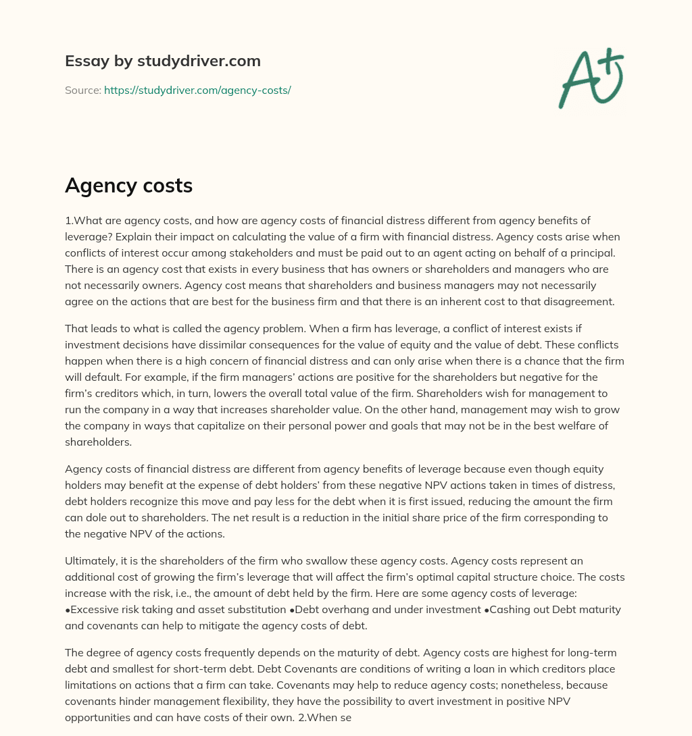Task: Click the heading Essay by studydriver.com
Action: [x=162, y=61]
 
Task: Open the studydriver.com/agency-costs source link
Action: [x=197, y=90]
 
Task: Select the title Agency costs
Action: [x=128, y=186]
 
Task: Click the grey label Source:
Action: [x=82, y=90]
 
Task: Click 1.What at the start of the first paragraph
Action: [x=82, y=221]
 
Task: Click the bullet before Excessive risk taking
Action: [x=68, y=609]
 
